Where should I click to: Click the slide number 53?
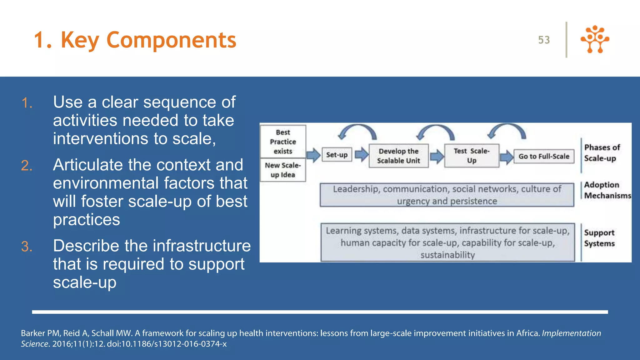click(x=544, y=40)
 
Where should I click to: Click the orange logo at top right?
click(x=595, y=39)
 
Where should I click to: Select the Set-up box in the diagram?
click(x=337, y=155)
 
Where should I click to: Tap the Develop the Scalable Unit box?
click(x=398, y=156)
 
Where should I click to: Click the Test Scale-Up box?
click(x=472, y=156)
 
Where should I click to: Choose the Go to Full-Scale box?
click(x=544, y=156)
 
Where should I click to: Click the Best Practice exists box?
click(x=283, y=142)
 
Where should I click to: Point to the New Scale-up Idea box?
click(x=283, y=170)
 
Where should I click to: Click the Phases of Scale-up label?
click(x=602, y=153)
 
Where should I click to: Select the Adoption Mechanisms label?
click(x=606, y=190)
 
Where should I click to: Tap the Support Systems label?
click(x=599, y=238)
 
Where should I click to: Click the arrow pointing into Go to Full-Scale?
click(x=506, y=157)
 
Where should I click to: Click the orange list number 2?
click(x=27, y=166)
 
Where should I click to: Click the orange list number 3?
click(x=27, y=247)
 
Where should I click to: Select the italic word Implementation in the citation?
click(x=571, y=333)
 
